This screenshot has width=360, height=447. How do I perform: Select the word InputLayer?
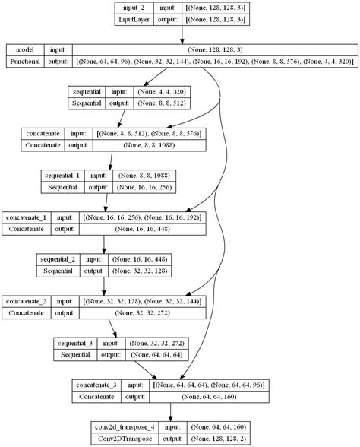[135, 21]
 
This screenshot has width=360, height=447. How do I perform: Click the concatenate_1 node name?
[27, 217]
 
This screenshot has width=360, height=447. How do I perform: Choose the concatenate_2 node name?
[27, 302]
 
